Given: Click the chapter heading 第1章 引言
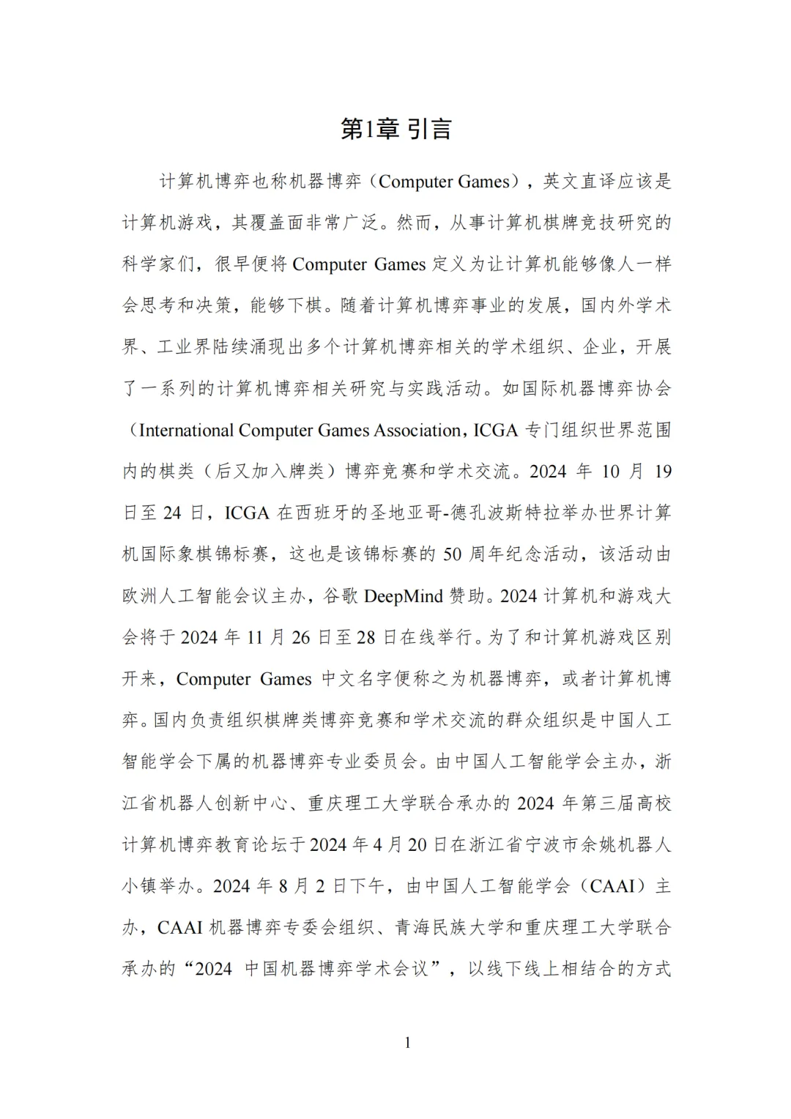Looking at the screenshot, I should click(x=396, y=129).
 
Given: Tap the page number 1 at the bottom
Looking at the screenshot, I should click(x=407, y=1042).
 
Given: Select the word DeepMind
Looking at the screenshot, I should click(x=404, y=596).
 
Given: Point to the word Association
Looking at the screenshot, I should click(x=417, y=431).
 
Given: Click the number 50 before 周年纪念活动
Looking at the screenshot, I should click(x=453, y=554).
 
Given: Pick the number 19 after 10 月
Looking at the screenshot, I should click(x=662, y=472).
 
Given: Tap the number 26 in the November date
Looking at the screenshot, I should click(x=301, y=638).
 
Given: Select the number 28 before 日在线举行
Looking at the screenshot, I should click(x=365, y=638).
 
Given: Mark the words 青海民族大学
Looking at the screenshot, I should click(x=449, y=928).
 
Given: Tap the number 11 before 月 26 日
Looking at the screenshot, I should click(x=254, y=638).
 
